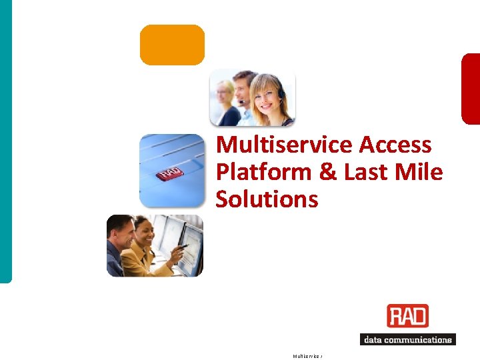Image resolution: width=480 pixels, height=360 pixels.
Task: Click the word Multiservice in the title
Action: tap(285, 145)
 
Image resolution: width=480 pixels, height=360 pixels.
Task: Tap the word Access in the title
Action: tap(395, 145)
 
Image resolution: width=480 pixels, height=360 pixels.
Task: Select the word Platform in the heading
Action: tap(265, 172)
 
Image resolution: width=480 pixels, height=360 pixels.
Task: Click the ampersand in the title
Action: tap(328, 172)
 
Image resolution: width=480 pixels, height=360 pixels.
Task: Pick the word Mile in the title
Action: tap(418, 172)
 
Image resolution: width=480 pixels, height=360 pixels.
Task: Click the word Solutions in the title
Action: tap(267, 199)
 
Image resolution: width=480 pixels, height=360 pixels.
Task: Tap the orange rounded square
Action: tap(172, 45)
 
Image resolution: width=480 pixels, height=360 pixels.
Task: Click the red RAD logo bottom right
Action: tap(407, 316)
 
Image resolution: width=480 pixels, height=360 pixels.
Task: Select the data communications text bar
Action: tap(407, 339)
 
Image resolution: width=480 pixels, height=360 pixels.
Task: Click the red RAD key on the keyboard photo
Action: tap(169, 174)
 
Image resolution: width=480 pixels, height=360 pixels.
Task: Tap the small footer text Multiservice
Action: tap(307, 356)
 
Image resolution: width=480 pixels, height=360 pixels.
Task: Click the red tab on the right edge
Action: tap(471, 89)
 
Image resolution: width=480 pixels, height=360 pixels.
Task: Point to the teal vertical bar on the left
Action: tap(5, 140)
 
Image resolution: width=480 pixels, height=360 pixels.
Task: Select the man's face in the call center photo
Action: tap(245, 86)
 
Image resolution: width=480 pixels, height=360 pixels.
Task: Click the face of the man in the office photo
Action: tap(122, 233)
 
